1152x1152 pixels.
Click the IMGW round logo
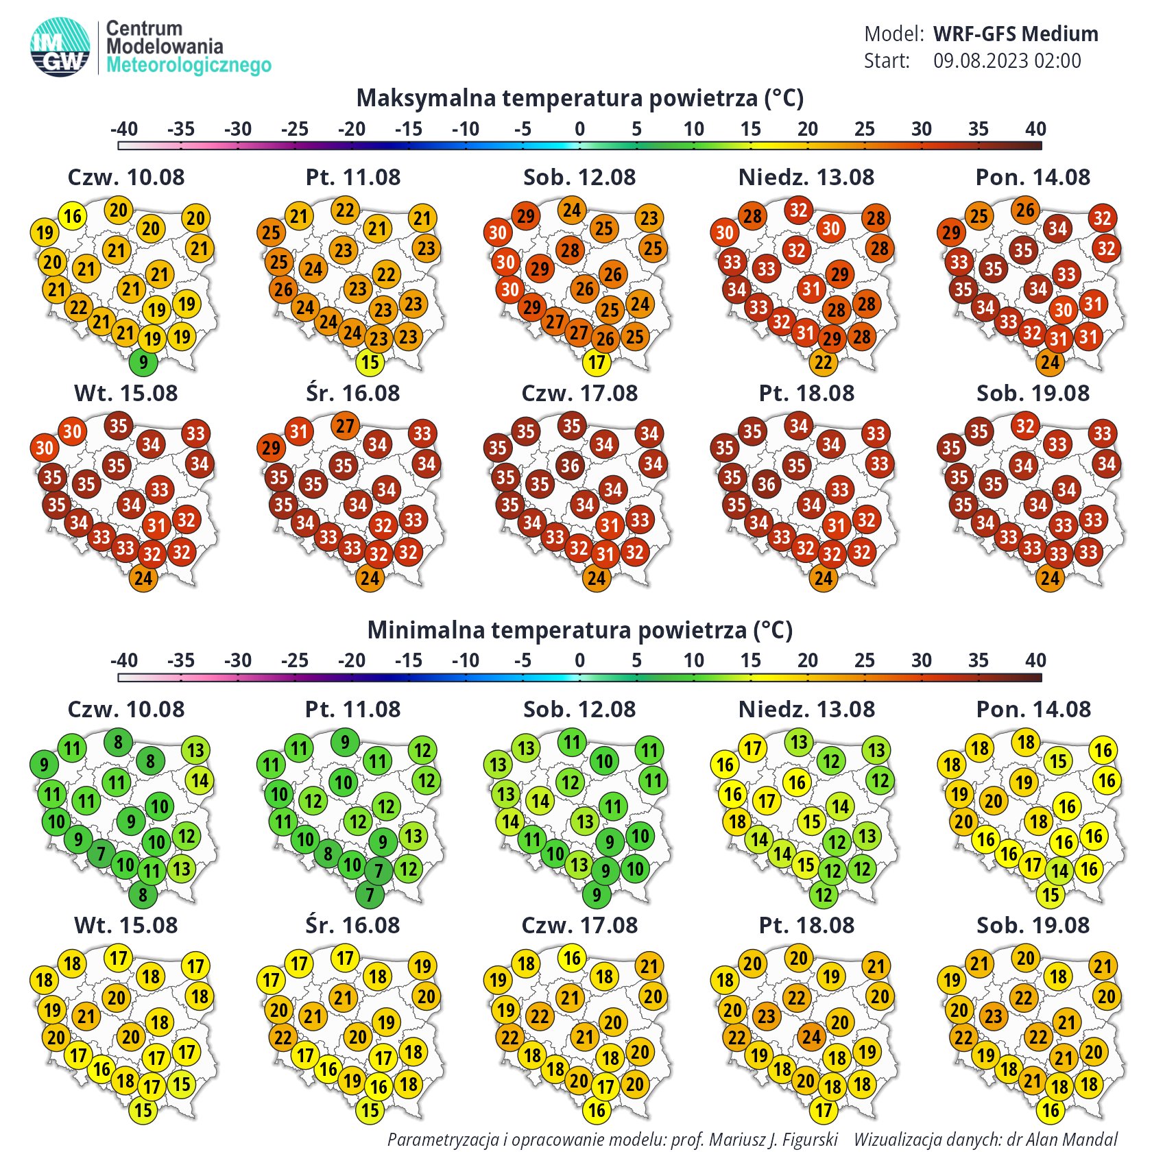60,47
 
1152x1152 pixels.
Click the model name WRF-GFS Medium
1016,34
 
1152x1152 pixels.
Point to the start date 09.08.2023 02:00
1007,61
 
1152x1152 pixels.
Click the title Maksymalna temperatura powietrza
579,98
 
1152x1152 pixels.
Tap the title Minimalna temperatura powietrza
579,629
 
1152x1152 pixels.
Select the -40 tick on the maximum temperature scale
123,129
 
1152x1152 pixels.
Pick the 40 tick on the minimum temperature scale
1035,660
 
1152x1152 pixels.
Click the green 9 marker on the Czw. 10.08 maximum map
143,362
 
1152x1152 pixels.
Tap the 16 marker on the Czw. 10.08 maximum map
73,216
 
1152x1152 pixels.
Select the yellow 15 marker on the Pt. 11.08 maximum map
370,362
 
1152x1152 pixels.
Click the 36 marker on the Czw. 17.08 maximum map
571,466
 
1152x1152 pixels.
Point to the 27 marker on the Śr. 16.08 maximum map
345,426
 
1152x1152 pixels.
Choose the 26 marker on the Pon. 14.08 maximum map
1025,210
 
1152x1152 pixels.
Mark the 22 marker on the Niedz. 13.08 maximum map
824,362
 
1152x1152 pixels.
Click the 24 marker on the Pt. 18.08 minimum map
811,1036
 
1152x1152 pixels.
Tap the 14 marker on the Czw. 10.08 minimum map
200,780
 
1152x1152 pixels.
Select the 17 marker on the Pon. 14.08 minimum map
1033,864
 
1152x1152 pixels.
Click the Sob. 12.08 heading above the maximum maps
579,178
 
